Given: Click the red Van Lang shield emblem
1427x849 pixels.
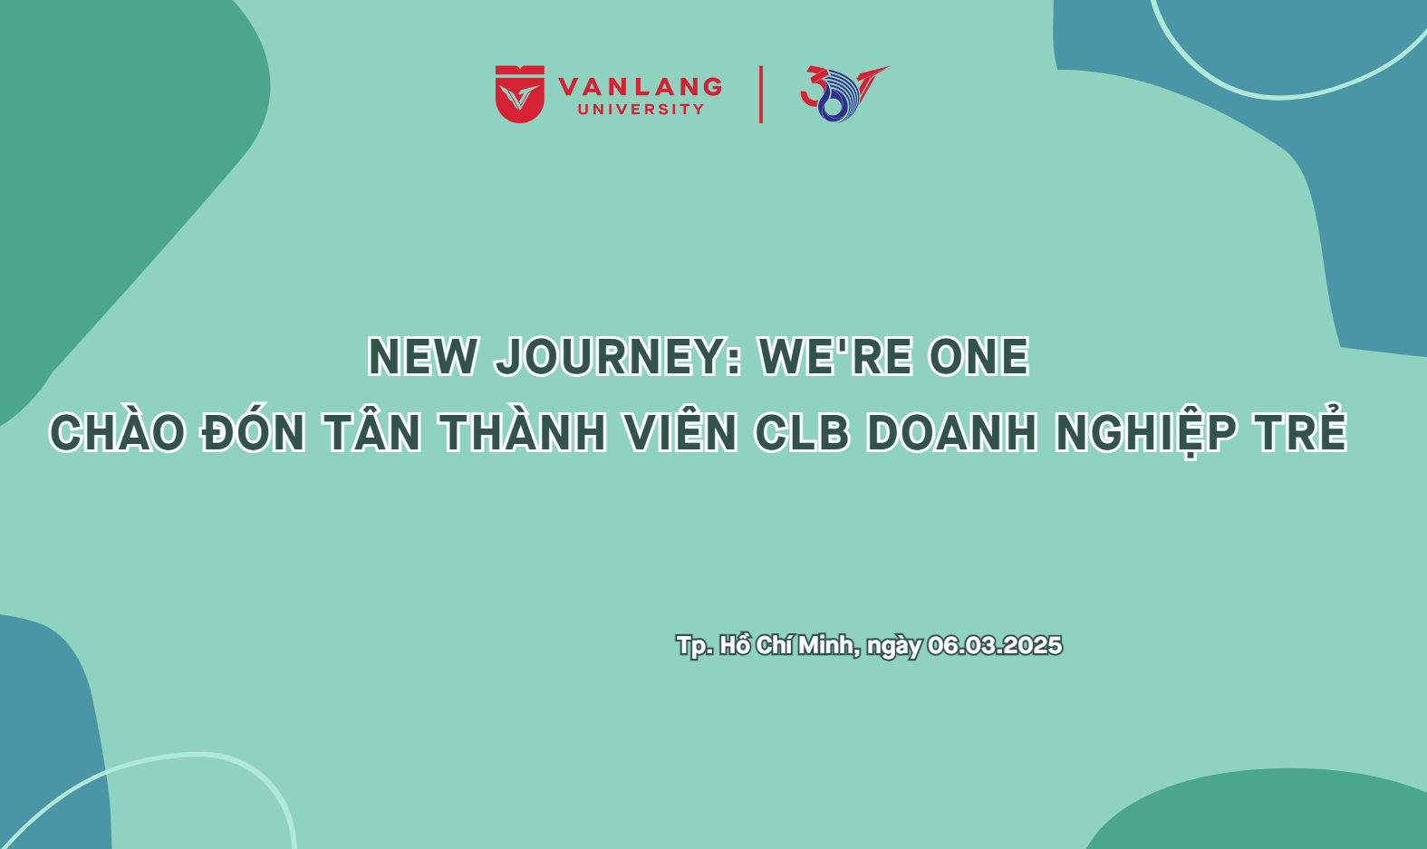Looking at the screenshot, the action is pos(520,93).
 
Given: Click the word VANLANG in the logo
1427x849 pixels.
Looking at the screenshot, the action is pos(641,87).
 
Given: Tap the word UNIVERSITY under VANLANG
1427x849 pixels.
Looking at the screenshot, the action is pos(641,109).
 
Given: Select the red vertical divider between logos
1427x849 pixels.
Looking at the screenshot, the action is pos(761,93).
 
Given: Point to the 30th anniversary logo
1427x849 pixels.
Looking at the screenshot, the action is pos(844,93).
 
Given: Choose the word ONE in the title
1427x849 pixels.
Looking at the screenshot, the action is pos(979,357).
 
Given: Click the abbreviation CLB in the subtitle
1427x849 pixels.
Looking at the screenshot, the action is pos(803,433).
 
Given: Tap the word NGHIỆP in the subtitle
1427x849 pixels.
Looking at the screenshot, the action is pos(1146,433).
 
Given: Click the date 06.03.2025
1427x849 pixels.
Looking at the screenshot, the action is pos(995,645).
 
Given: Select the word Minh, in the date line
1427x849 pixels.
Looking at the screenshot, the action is pos(829,646).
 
